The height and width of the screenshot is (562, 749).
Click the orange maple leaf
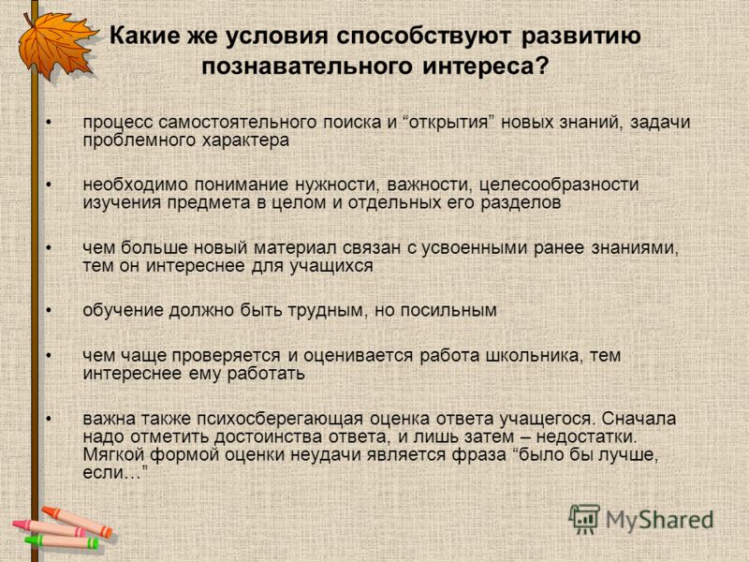click(56, 46)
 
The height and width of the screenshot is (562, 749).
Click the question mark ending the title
click(541, 66)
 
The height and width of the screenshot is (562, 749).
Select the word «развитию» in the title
click(580, 37)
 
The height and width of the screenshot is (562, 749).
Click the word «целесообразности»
click(559, 185)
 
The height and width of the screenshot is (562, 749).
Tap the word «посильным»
click(448, 311)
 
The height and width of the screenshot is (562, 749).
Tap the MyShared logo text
click(660, 521)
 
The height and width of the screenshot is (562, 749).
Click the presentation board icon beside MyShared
click(584, 519)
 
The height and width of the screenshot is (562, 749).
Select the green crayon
click(62, 541)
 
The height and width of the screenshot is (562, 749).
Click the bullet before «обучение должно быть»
click(49, 311)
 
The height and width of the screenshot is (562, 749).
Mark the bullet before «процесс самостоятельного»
click(49, 123)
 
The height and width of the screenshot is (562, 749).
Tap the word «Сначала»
click(639, 419)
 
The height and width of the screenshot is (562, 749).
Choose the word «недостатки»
click(587, 436)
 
